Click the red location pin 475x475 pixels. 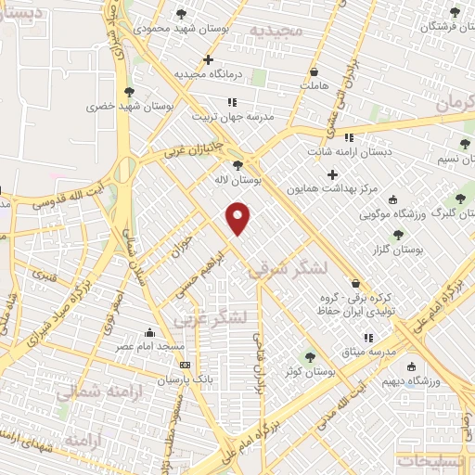(238, 217)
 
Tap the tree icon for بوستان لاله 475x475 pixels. (238, 165)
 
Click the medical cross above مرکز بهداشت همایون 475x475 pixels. (332, 173)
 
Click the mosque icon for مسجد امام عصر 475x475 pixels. (149, 333)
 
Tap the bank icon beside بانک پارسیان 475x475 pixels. (185, 365)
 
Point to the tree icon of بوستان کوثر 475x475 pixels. (310, 357)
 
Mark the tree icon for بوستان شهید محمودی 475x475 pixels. (180, 14)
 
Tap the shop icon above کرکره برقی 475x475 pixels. (356, 284)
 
